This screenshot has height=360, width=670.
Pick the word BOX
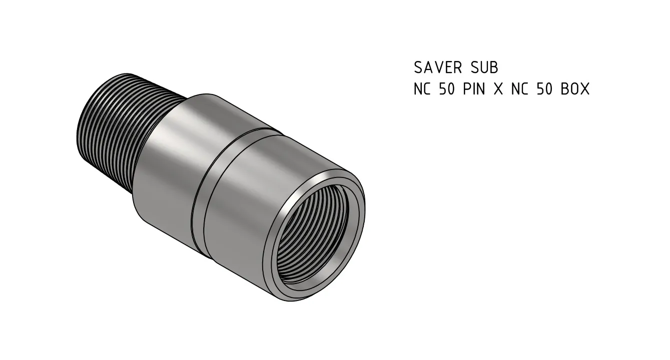[x=575, y=89]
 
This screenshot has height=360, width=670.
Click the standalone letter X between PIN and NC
[x=497, y=89]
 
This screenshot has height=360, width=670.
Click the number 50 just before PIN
[x=447, y=89]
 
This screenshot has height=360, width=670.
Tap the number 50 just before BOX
[x=544, y=89]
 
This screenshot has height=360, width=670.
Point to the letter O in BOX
[x=575, y=89]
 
